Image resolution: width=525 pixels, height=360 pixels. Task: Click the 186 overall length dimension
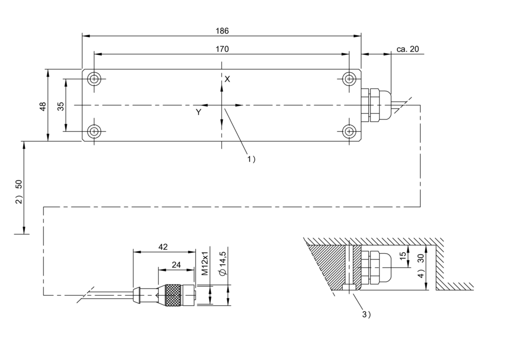(222, 31)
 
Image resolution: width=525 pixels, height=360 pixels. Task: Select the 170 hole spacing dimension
(222, 49)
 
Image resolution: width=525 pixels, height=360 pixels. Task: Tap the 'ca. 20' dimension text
(407, 49)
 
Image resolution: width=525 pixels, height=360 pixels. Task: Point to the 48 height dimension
(43, 107)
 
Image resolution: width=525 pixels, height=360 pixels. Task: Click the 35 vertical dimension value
(61, 107)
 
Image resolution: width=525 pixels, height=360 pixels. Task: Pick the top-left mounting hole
(94, 79)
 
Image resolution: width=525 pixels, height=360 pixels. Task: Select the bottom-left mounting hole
(94, 132)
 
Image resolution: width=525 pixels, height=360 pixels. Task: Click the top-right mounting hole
(349, 79)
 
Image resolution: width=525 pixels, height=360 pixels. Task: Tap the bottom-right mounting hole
(349, 132)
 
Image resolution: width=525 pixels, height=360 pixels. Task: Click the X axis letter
(227, 80)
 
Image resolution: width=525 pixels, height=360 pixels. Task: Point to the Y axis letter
(199, 112)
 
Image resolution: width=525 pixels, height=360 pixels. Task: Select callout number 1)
(251, 159)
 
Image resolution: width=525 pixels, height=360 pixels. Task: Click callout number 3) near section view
(367, 315)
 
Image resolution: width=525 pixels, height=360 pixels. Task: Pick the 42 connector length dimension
(163, 247)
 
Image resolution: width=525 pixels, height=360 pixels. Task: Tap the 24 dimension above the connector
(176, 265)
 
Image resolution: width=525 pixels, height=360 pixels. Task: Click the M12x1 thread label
(205, 264)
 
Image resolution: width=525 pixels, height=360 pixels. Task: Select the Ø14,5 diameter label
(223, 264)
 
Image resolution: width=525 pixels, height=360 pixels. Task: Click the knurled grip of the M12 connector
(173, 295)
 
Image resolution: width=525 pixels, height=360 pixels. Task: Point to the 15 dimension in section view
(402, 256)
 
